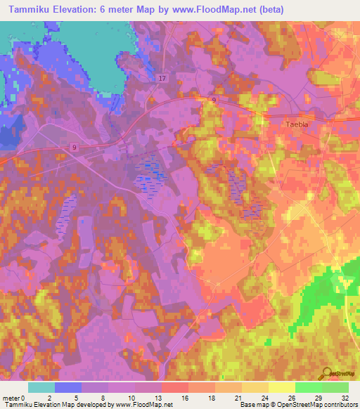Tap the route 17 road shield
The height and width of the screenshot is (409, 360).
pyautogui.click(x=163, y=78)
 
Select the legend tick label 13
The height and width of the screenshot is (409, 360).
pyautogui.click(x=162, y=397)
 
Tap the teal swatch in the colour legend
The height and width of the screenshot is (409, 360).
pyautogui.click(x=41, y=387)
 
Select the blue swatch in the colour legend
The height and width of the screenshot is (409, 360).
pyautogui.click(x=68, y=387)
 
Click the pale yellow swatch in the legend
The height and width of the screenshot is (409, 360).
pyautogui.click(x=281, y=387)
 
